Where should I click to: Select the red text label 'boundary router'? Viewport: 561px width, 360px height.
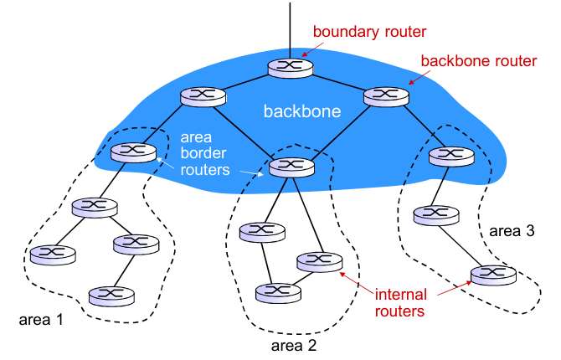pyautogui.click(x=369, y=32)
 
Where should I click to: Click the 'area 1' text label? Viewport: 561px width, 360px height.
pyautogui.click(x=40, y=320)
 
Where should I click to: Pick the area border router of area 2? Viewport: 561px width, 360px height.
pyautogui.click(x=291, y=166)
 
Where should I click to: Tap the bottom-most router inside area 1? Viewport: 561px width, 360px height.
pyautogui.click(x=111, y=295)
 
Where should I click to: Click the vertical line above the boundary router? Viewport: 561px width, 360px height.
pyautogui.click(x=290, y=25)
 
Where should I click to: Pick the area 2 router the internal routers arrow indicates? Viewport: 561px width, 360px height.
pyautogui.click(x=319, y=261)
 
